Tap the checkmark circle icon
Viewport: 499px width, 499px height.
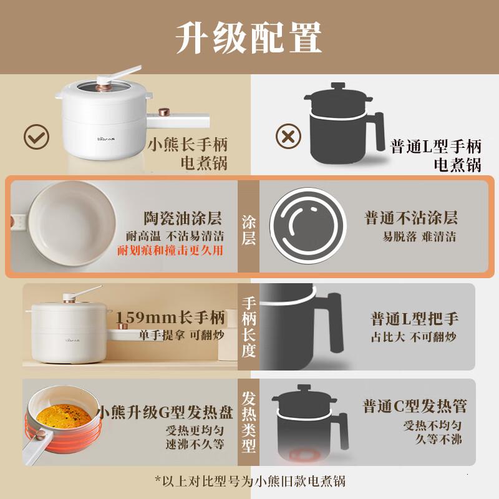point(36,136)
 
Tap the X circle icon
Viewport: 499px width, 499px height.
point(288,136)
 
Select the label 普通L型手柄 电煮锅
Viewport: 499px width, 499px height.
point(436,155)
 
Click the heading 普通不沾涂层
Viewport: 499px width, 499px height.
point(411,218)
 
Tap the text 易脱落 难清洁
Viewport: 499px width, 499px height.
point(419,237)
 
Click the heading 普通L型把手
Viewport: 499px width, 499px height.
point(414,319)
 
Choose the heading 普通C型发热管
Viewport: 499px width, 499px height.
point(415,407)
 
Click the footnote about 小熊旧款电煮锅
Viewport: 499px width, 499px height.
point(249,480)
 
